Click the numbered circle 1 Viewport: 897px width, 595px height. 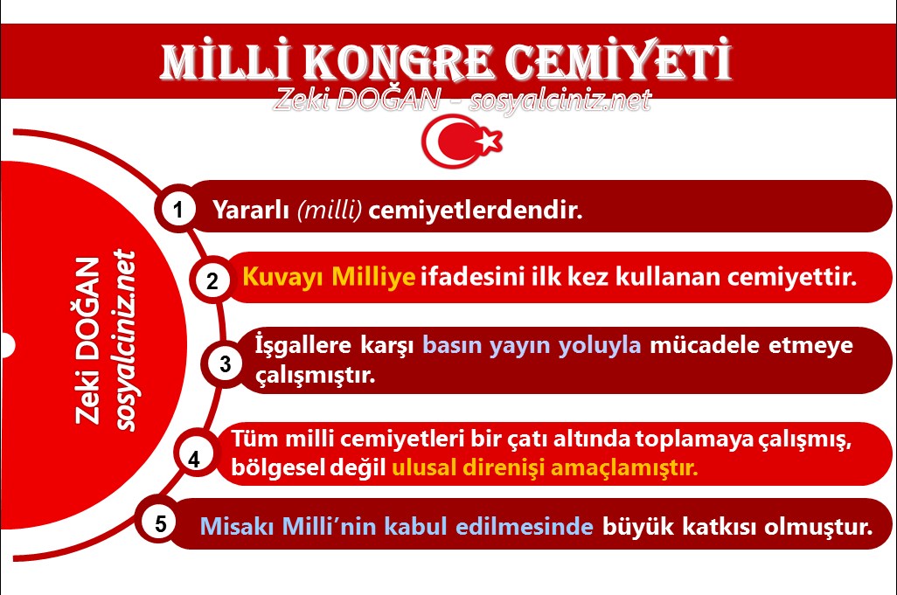pyautogui.click(x=178, y=211)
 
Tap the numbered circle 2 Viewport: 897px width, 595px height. pyautogui.click(x=212, y=281)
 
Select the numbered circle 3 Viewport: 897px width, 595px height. pyautogui.click(x=226, y=364)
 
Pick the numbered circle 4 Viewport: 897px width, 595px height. pyautogui.click(x=194, y=459)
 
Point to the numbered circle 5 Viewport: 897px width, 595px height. pyautogui.click(x=160, y=524)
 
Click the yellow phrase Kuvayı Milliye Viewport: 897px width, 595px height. pyautogui.click(x=328, y=279)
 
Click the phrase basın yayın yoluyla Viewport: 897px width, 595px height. pyautogui.click(x=532, y=345)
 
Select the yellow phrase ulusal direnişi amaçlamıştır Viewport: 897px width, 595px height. pyautogui.click(x=545, y=467)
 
